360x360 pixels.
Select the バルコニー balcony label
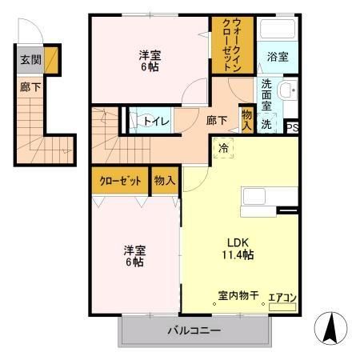click(194, 330)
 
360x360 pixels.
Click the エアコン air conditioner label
click(282, 298)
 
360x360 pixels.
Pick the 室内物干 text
click(238, 297)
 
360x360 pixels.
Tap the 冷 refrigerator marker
click(222, 147)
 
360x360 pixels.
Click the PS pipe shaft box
click(292, 126)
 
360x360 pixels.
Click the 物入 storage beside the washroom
click(246, 119)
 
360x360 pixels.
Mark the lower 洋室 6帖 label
click(134, 254)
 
